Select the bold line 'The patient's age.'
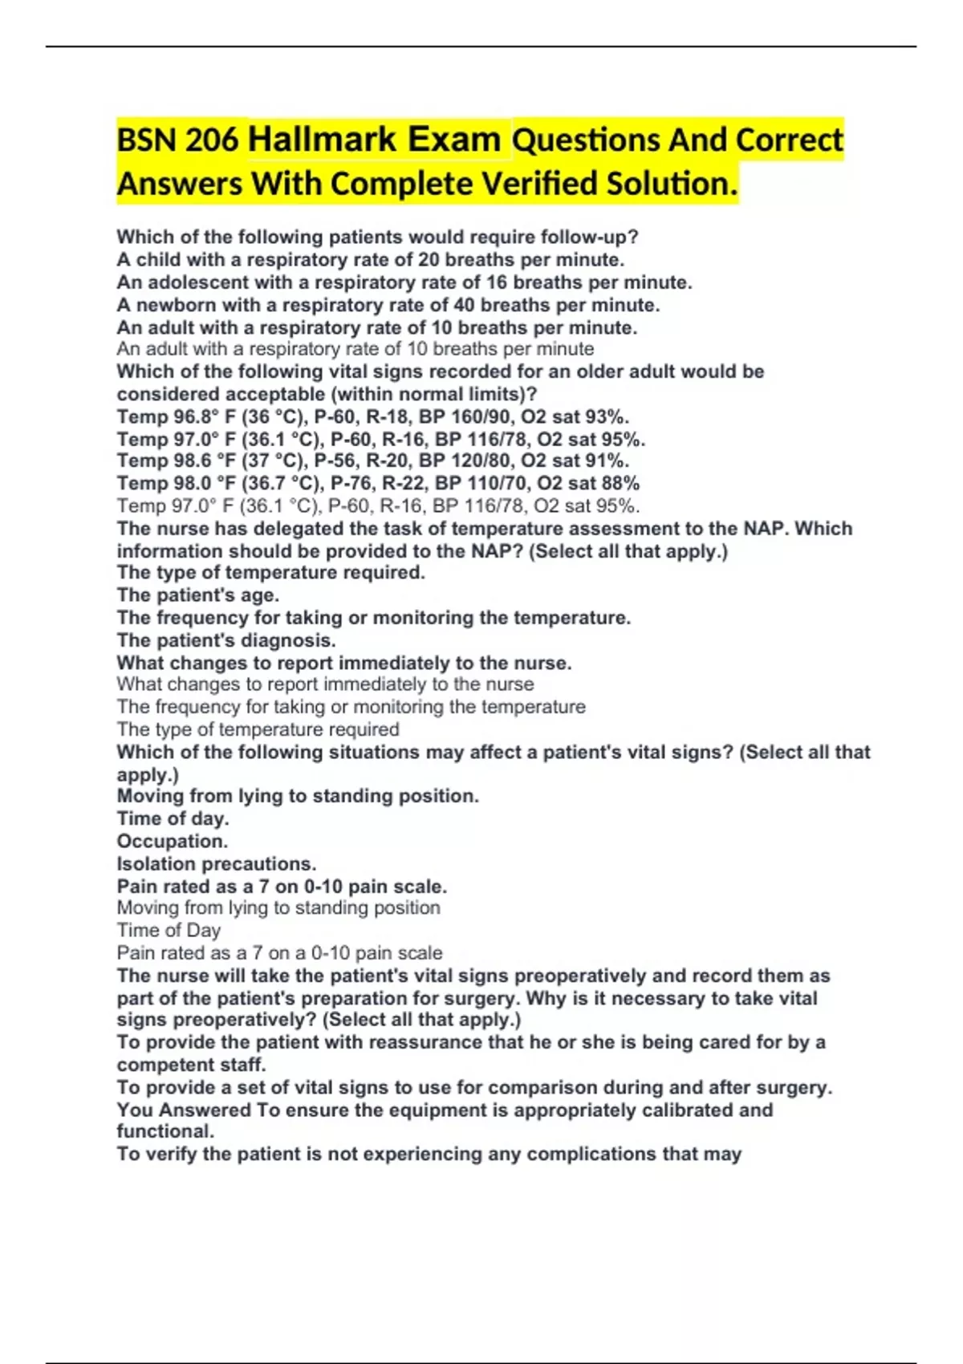tap(198, 595)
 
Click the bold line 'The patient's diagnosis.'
tap(226, 640)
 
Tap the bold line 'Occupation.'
tap(173, 841)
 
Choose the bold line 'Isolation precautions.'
tap(217, 863)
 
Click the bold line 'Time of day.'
tap(173, 818)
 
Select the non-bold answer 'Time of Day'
tap(169, 930)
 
